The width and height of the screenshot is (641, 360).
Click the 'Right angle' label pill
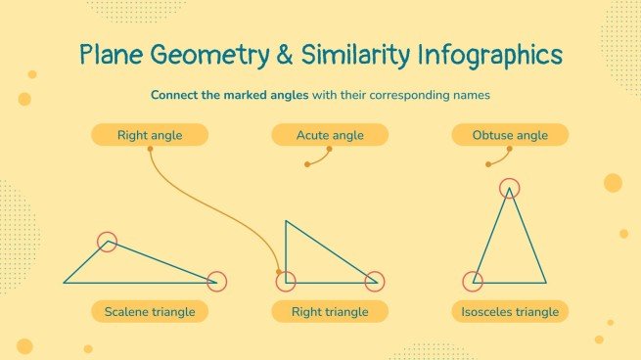[149, 135]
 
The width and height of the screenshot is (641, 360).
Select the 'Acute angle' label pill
[330, 135]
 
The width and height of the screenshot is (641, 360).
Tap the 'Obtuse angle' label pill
[510, 135]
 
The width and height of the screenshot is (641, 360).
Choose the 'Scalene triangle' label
[150, 312]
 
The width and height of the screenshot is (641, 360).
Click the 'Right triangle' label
[330, 312]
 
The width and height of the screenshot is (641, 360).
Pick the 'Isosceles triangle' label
[510, 312]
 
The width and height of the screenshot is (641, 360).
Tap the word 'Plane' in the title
[115, 55]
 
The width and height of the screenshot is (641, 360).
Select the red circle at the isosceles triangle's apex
[510, 187]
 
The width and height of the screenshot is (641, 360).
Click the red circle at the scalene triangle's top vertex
[108, 242]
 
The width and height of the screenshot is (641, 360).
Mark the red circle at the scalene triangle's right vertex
[216, 282]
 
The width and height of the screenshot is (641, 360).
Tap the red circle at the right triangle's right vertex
[373, 282]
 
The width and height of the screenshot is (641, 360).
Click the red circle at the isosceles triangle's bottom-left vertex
[473, 282]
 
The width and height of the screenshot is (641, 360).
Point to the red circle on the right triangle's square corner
[286, 282]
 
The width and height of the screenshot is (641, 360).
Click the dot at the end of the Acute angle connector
[307, 164]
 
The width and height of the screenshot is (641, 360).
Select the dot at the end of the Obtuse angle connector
[487, 164]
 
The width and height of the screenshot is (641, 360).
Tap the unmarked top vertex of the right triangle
[286, 221]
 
